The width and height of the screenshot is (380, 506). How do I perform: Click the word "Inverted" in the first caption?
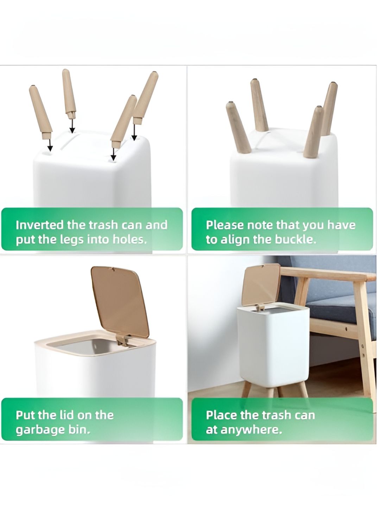(39, 225)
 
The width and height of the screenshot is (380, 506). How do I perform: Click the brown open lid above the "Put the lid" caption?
(120, 301)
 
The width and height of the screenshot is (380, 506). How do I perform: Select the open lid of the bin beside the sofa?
(261, 285)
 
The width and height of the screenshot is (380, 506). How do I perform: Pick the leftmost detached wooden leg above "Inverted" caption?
(40, 112)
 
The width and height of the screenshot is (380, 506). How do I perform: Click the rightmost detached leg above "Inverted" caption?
(145, 98)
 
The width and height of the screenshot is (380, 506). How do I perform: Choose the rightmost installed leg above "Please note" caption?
(329, 109)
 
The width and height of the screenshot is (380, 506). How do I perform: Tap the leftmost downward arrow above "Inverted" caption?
(50, 145)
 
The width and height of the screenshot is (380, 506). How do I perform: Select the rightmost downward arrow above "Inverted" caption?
(134, 132)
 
